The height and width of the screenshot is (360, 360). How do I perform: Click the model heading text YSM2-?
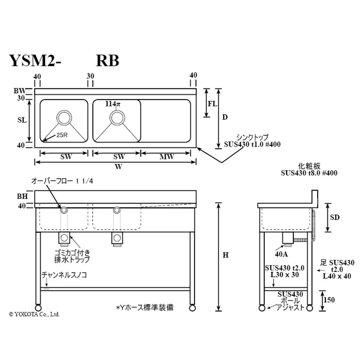36,61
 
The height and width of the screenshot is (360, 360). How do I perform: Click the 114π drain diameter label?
113,103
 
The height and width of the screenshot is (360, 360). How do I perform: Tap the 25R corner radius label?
62,135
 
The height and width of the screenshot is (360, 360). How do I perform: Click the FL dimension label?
212,103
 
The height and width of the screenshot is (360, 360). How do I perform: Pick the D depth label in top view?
225,117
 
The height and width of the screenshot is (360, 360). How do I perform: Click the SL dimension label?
22,121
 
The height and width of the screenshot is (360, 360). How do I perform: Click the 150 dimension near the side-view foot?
330,300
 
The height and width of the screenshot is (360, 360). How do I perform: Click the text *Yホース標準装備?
144,308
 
